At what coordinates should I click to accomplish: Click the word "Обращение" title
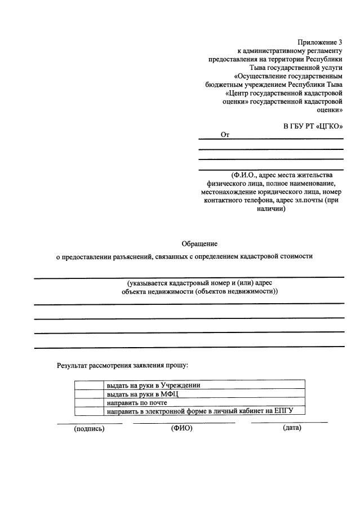tap(199, 243)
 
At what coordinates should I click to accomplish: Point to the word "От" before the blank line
tap(225, 135)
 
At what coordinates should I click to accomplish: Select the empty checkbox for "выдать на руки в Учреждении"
tap(88, 385)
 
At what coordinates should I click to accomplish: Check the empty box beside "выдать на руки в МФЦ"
tap(88, 394)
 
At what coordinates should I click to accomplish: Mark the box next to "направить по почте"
tap(88, 403)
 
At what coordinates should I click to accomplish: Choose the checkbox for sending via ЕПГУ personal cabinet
tap(88, 411)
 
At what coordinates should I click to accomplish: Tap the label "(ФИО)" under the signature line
tap(181, 428)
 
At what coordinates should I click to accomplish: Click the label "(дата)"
tap(292, 428)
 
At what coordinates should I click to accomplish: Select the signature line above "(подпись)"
tap(90, 423)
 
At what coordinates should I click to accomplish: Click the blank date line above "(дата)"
tap(289, 422)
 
